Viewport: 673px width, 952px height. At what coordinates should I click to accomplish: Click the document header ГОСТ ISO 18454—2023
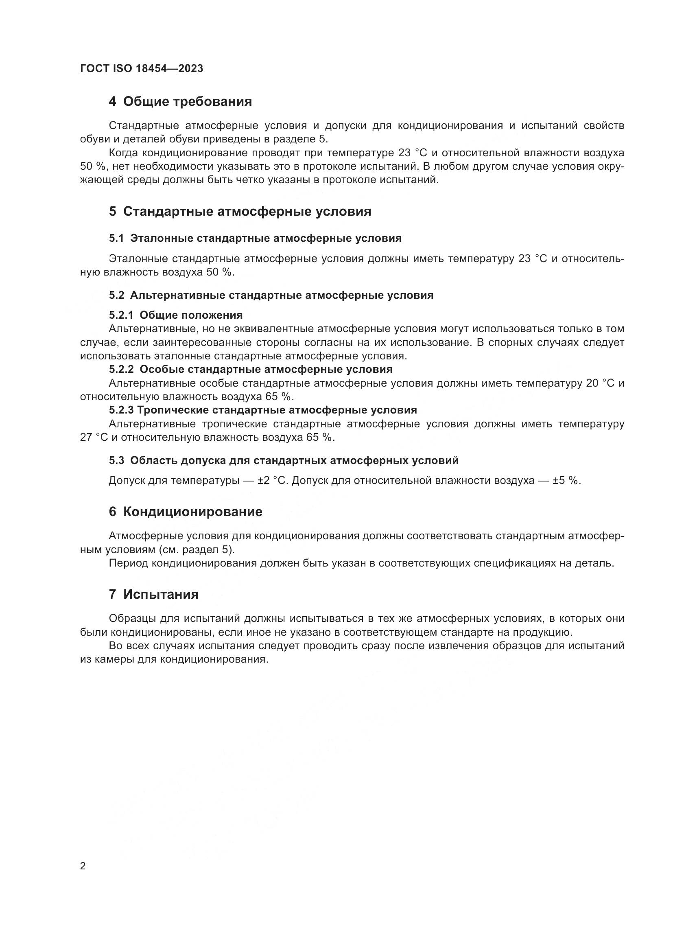point(141,69)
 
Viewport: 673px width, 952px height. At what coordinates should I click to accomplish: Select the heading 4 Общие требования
point(180,102)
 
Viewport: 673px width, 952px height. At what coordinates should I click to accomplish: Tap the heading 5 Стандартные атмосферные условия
point(240,212)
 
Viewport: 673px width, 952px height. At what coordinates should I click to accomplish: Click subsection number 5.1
point(116,239)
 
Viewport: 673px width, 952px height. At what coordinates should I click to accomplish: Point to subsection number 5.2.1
point(121,315)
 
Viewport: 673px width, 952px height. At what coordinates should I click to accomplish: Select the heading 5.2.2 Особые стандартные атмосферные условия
point(251,369)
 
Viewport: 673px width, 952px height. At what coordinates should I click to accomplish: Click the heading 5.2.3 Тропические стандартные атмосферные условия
point(263,410)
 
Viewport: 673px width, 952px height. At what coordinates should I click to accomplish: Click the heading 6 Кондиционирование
point(186,512)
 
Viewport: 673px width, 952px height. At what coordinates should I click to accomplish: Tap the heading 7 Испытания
point(154,594)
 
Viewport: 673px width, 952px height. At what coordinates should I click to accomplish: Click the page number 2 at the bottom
point(83,866)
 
